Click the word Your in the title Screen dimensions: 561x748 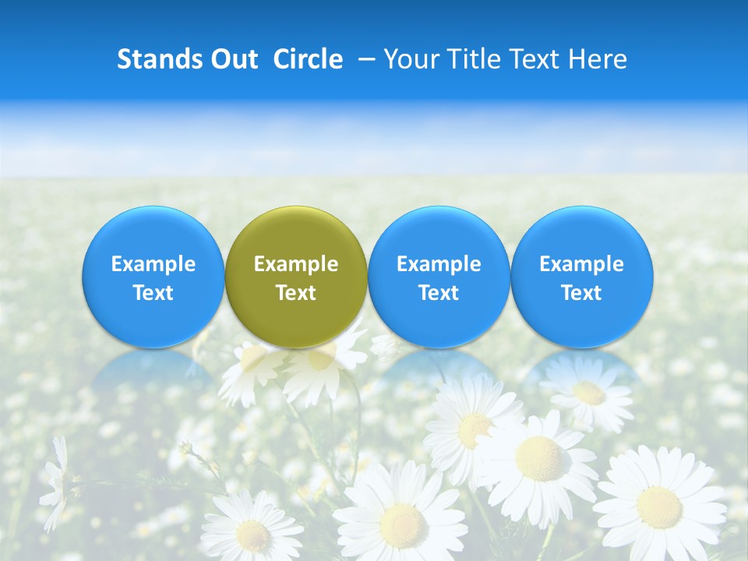(x=411, y=59)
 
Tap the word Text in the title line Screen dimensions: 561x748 (x=537, y=59)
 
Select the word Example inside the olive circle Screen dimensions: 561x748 (x=296, y=264)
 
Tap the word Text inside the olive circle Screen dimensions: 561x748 (x=296, y=293)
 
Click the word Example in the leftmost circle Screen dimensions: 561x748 (x=153, y=264)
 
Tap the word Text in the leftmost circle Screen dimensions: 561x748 (x=153, y=293)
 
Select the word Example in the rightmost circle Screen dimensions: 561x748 (x=581, y=264)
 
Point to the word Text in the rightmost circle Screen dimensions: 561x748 (x=581, y=293)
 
